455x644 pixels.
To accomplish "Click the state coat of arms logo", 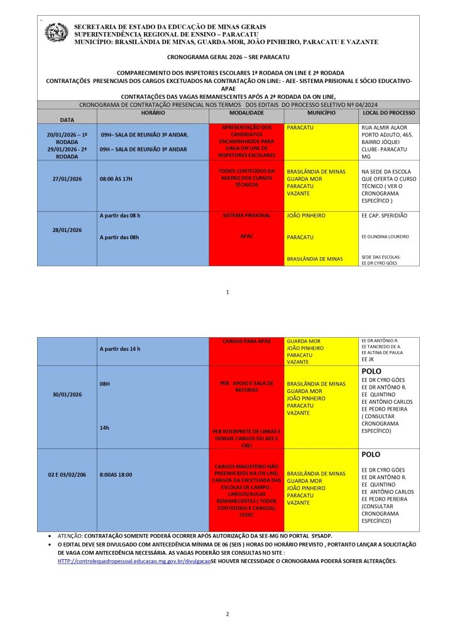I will [56, 32].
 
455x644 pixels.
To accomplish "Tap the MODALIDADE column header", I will [246, 112].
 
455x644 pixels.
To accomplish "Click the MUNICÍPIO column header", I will [321, 112].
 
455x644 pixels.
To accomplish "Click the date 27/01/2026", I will [67, 179].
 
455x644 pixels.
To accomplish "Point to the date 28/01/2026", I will [67, 230].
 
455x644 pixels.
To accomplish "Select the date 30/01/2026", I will [67, 394].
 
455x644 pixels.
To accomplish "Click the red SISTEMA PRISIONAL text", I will [246, 215].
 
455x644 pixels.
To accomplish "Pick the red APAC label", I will [246, 237].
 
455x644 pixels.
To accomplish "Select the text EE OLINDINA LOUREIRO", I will [385, 237].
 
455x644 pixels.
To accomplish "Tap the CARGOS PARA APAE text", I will [246, 341].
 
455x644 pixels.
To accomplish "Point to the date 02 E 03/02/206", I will [67, 474].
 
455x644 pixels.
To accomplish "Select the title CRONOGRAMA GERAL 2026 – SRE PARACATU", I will [227, 57].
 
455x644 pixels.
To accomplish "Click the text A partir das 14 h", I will [120, 348].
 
